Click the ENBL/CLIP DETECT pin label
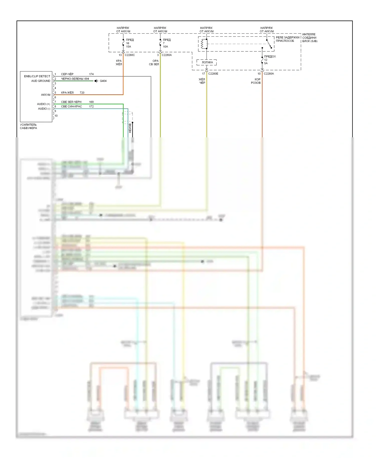37,76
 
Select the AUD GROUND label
41,81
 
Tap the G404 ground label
103,81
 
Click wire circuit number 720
82,93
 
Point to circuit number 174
91,74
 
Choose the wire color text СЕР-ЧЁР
67,74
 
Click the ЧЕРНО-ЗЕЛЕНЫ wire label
72,79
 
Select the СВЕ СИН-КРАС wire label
71,106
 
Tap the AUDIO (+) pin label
43,104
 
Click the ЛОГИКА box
207,62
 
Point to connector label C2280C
130,55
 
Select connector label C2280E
213,74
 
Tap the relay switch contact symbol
269,44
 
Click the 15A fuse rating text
128,47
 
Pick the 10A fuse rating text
165,47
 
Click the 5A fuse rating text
266,63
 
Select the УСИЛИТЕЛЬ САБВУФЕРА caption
28,126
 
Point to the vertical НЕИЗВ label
130,128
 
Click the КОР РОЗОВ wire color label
256,81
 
